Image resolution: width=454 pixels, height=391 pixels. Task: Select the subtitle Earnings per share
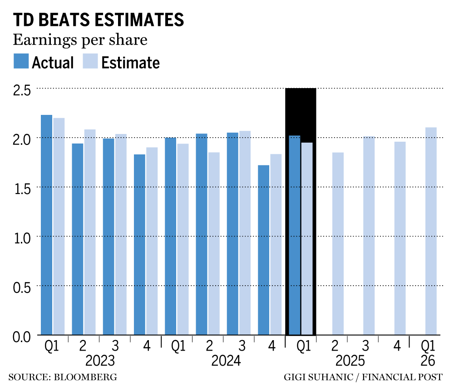pos(80,40)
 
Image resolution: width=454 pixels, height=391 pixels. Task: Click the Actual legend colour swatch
pos(21,61)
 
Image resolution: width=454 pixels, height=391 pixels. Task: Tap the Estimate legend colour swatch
pos(91,61)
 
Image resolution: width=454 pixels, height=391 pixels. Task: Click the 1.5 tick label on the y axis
pos(21,188)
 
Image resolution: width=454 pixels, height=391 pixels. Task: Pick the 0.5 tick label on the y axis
pos(21,287)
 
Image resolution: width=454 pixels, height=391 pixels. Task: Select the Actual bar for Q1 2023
pos(46,225)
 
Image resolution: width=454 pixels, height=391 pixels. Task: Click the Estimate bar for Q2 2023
pos(90,232)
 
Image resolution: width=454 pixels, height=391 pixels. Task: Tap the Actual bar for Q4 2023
pos(139,244)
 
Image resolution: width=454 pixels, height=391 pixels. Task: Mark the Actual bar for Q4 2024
pos(263,250)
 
